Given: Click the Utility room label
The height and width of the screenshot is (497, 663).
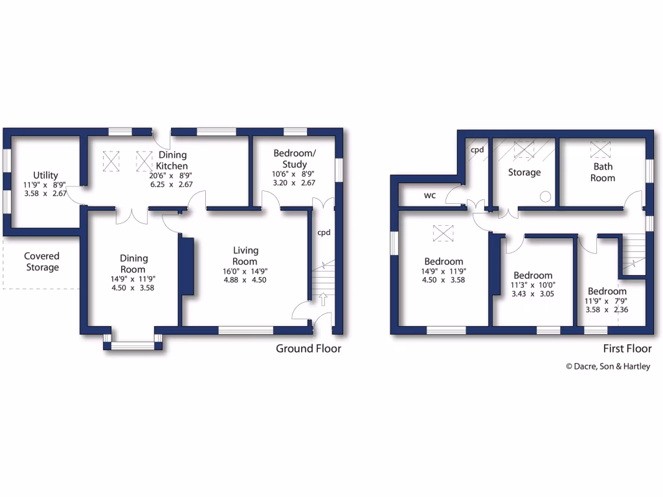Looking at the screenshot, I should (x=46, y=175).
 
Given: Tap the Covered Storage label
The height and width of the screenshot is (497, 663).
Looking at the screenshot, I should (x=42, y=262).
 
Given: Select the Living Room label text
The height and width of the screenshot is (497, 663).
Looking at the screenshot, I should (x=245, y=256).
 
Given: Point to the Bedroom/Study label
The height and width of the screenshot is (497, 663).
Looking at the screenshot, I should (x=295, y=159).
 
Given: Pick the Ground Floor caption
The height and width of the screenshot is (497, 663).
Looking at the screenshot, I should (x=308, y=349).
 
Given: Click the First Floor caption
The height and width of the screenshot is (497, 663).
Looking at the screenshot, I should (x=627, y=349).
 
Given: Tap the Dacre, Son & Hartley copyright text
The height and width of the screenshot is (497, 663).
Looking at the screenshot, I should (x=607, y=366).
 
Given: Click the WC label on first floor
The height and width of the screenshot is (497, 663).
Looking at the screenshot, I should (x=430, y=195).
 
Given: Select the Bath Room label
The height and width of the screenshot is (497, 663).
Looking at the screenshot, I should (x=602, y=172).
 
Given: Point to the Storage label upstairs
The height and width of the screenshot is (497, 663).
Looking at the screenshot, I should (x=524, y=173).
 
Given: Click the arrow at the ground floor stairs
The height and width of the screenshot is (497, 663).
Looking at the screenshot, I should (x=322, y=298).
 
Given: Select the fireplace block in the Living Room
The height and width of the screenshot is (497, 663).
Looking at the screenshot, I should (x=187, y=267).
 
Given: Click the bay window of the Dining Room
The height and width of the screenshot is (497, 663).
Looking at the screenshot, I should (x=133, y=345).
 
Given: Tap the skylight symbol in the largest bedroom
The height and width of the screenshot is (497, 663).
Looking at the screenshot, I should (x=444, y=231).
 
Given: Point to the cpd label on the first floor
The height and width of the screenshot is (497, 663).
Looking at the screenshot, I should (x=477, y=149).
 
